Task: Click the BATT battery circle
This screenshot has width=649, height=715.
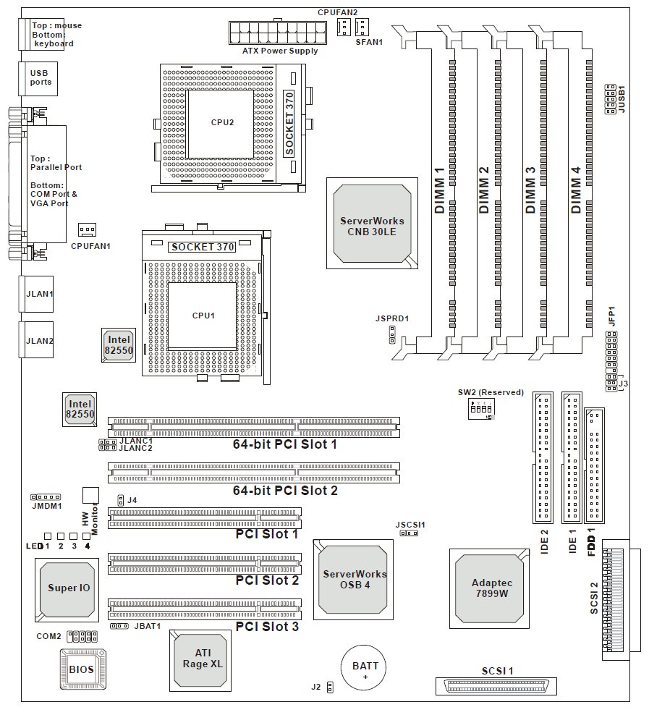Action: coord(364,667)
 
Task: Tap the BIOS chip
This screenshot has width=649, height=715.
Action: coord(83,669)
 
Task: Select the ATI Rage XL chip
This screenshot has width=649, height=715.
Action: coord(200,661)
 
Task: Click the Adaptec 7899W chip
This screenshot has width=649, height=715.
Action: coord(490,588)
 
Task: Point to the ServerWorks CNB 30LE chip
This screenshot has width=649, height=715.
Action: coord(372,223)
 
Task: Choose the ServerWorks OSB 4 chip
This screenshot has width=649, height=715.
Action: coord(353,580)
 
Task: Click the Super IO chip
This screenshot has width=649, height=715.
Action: coord(67,590)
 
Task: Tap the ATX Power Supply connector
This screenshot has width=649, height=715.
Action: coord(278,33)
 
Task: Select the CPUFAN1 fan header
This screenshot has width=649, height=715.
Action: coord(87,230)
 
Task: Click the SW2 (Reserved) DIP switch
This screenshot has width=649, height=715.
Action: coord(481,409)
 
